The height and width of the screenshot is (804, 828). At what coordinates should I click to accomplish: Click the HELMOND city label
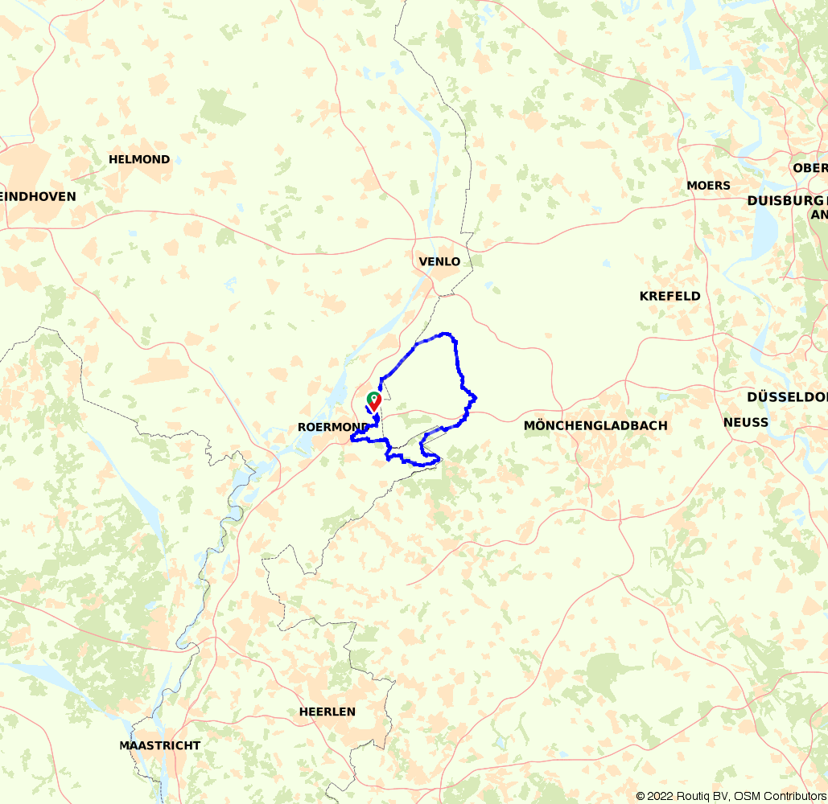[139, 159]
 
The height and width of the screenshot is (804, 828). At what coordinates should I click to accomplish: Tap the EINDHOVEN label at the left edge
[39, 196]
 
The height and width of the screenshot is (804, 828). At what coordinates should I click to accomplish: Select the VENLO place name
[439, 261]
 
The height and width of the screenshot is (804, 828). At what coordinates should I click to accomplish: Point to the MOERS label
[708, 186]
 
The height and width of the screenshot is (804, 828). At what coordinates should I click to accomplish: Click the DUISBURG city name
[785, 201]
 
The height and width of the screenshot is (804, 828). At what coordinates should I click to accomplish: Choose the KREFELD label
[669, 296]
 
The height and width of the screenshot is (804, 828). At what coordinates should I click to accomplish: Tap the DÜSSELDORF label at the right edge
[786, 397]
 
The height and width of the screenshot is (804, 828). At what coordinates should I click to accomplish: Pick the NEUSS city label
[745, 422]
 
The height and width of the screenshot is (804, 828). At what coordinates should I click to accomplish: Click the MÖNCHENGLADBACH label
[595, 425]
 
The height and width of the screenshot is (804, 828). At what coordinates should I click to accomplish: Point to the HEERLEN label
[327, 712]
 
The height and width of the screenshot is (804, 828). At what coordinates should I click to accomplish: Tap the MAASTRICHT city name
[159, 745]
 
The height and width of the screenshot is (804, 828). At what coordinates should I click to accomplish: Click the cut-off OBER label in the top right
[809, 168]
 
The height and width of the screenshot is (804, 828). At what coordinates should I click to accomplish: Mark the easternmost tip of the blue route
[476, 396]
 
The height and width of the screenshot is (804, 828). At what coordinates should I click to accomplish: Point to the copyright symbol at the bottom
[641, 796]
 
